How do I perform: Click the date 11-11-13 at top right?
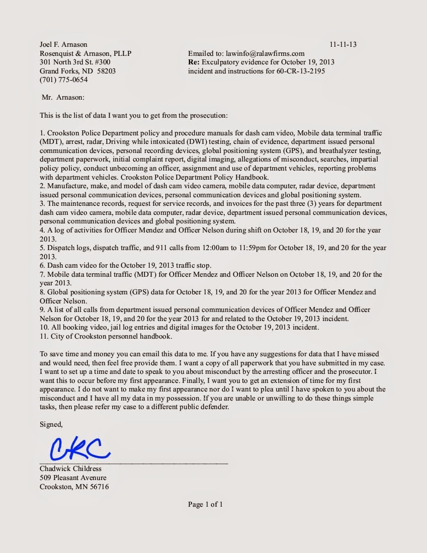point(343,44)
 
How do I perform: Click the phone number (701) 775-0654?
point(63,80)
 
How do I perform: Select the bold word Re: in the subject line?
point(194,62)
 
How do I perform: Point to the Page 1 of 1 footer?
point(205,504)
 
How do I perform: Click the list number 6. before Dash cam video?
point(43,265)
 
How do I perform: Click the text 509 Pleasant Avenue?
point(73,478)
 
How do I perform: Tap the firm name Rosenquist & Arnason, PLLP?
point(86,53)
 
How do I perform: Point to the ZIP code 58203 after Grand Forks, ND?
point(105,71)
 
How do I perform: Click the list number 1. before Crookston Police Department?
point(43,133)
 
